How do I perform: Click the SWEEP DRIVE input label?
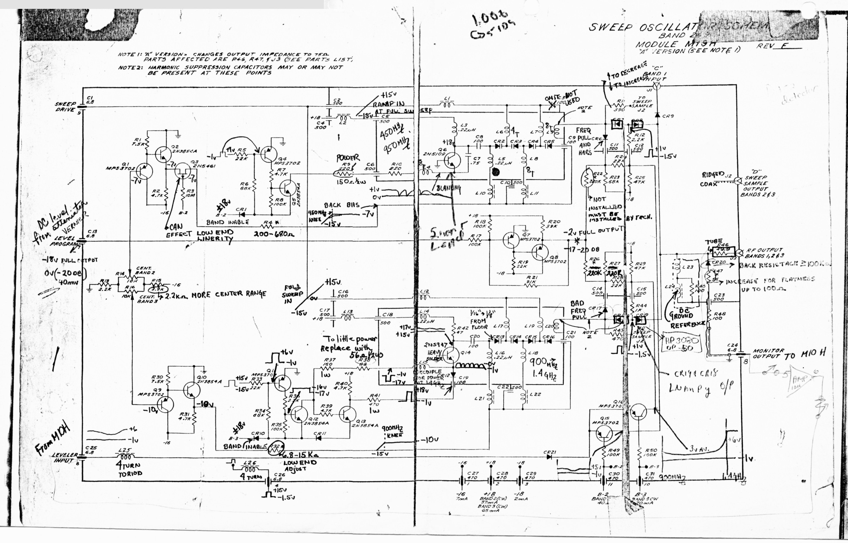pos(66,106)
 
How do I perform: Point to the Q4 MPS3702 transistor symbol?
pos(269,152)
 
